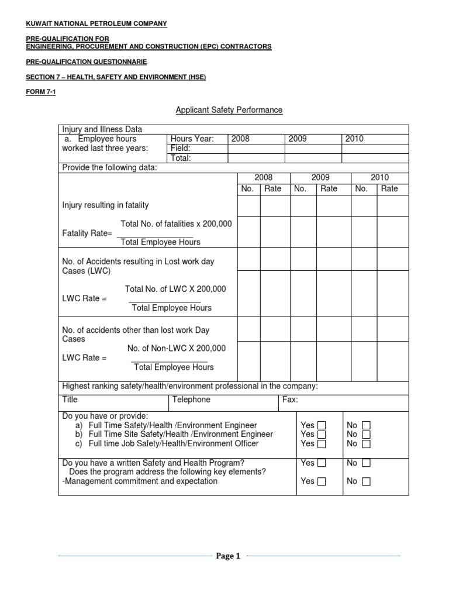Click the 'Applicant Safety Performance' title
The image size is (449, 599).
[x=229, y=110]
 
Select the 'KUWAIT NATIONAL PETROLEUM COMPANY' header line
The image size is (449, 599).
[x=96, y=23]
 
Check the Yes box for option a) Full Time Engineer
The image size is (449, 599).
[x=322, y=425]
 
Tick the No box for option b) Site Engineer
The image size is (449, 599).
[x=366, y=435]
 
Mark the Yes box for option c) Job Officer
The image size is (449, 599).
[x=322, y=444]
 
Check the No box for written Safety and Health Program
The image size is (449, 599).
[x=366, y=463]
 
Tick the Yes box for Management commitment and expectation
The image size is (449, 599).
[x=322, y=482]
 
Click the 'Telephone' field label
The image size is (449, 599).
[x=191, y=400]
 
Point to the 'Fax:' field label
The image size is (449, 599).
[x=290, y=400]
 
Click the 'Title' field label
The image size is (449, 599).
[x=70, y=400]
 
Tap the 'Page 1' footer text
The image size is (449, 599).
[x=229, y=556]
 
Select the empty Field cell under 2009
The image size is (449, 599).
[x=313, y=149]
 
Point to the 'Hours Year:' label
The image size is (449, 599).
[x=192, y=139]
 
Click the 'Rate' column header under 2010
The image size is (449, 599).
[x=389, y=188]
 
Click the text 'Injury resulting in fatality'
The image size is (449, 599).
[x=106, y=205]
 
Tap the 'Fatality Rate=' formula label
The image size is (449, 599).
[x=87, y=233]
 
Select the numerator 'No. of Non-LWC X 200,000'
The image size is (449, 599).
[x=177, y=348]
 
